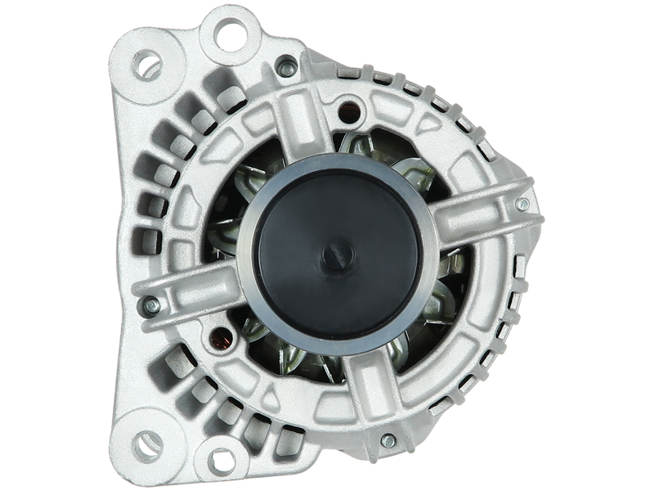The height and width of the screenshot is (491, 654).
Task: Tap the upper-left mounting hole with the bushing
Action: point(146,61)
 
